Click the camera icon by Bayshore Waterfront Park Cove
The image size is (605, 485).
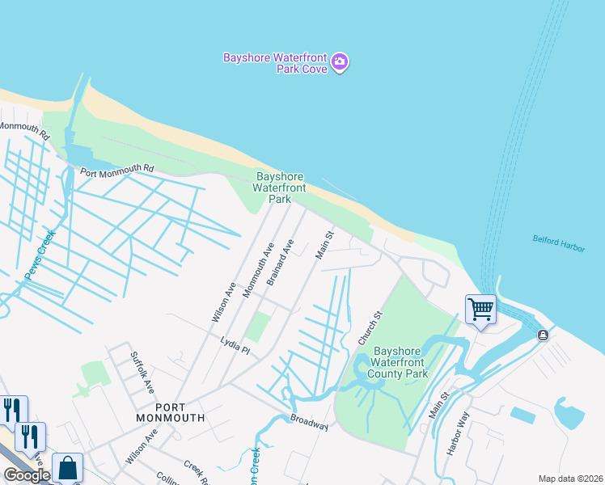pyautogui.click(x=341, y=62)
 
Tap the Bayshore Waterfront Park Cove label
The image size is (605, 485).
pyautogui.click(x=276, y=63)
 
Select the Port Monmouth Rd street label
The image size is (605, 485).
pyautogui.click(x=116, y=169)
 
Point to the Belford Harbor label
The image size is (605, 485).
pyautogui.click(x=558, y=243)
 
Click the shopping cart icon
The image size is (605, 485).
pyautogui.click(x=480, y=309)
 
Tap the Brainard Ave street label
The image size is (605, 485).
pyautogui.click(x=280, y=260)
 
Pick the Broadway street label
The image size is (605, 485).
pyautogui.click(x=310, y=422)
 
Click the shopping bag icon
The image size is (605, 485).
pyautogui.click(x=68, y=468)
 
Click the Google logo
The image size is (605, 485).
pyautogui.click(x=27, y=475)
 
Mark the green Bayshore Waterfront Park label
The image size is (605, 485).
pyautogui.click(x=280, y=188)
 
